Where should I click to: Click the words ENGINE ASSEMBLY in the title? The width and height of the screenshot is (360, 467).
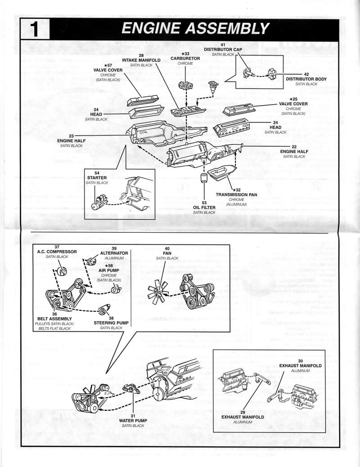(x=195, y=28)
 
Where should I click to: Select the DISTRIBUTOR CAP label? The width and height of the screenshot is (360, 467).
(x=223, y=49)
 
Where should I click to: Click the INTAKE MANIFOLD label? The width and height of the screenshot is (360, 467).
(x=141, y=60)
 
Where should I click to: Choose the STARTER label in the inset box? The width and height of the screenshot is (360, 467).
(x=97, y=178)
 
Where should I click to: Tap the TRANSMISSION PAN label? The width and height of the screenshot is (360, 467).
(x=236, y=195)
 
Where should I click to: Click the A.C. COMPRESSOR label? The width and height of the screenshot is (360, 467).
(x=57, y=251)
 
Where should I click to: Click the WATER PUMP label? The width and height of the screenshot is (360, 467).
(x=133, y=420)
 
